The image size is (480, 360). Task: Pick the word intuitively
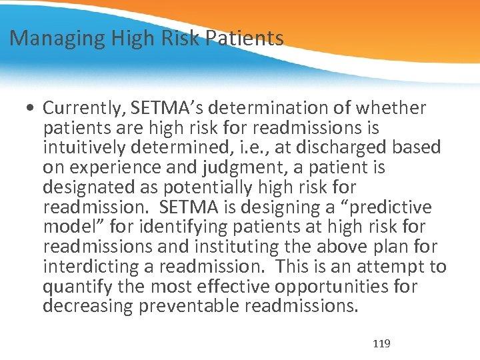[83, 147]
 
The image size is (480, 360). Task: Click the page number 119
[381, 344]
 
